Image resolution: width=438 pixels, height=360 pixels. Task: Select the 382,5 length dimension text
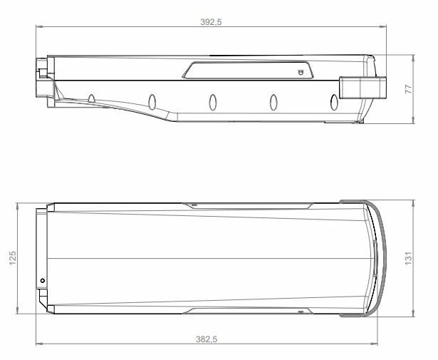click(206, 340)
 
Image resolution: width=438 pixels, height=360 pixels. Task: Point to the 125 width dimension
click(12, 259)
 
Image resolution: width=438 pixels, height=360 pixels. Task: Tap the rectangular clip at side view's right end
click(363, 88)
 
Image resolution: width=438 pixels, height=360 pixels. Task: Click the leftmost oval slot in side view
click(92, 98)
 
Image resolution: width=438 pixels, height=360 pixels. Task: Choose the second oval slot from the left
click(152, 101)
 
